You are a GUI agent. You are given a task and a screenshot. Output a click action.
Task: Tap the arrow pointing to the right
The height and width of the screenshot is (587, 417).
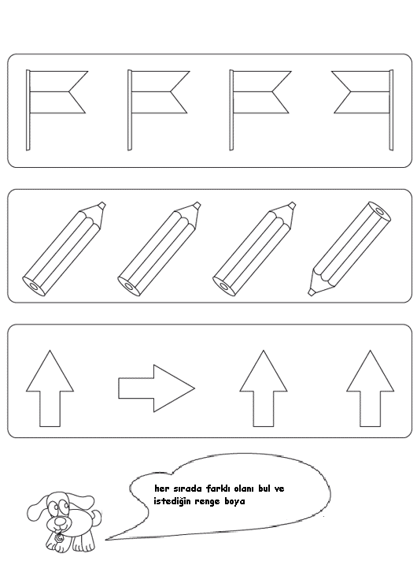coord(157,388)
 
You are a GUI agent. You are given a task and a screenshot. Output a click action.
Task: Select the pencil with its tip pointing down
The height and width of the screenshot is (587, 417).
coord(349,248)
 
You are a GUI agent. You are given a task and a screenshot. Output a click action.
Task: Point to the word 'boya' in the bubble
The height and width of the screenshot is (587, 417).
coord(234,501)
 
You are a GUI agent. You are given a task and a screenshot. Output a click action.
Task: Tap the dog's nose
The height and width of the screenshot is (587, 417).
coord(60,521)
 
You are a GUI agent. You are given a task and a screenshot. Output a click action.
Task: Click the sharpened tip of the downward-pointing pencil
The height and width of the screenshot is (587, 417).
coord(311,292)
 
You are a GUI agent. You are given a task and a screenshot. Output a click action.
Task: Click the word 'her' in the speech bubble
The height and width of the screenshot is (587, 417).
coord(161,489)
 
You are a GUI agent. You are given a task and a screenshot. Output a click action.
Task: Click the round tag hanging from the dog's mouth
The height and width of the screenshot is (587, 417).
coord(59,539)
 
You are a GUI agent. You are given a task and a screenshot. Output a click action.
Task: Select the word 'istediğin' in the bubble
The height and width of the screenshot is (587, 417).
coord(172,502)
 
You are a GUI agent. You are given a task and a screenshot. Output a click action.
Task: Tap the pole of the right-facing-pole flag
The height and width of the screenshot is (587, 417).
coord(391,110)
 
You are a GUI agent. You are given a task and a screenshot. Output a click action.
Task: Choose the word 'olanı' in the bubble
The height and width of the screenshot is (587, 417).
coord(244,489)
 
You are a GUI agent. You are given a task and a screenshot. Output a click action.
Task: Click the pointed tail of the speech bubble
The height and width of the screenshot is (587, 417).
coord(106,540)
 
